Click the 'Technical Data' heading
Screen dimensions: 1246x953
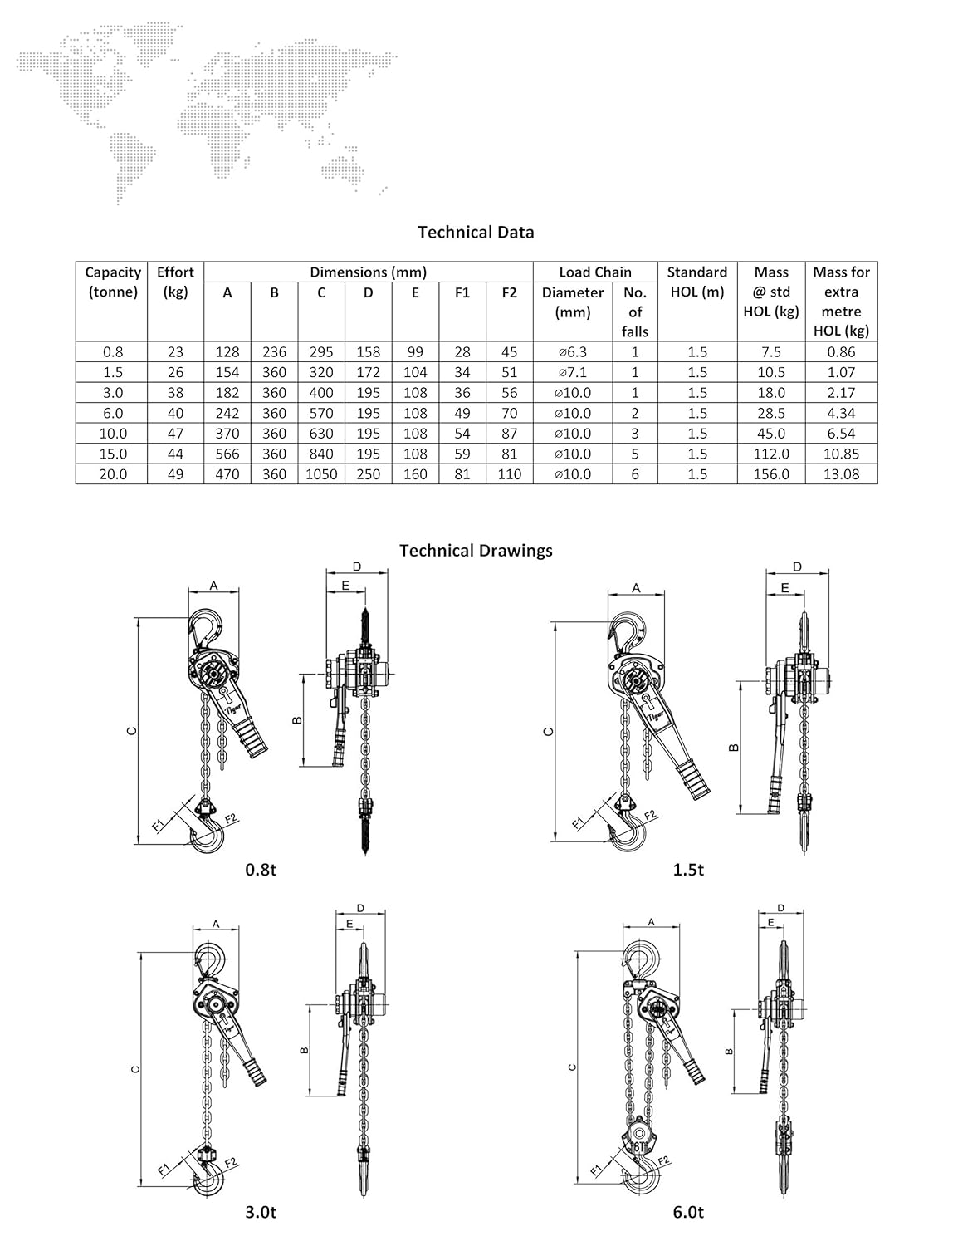(476, 233)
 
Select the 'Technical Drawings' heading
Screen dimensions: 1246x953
(476, 551)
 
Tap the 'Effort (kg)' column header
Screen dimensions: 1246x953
(175, 282)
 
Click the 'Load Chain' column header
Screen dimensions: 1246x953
(594, 272)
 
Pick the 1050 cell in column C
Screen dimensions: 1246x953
(321, 474)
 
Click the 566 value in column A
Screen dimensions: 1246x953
(227, 454)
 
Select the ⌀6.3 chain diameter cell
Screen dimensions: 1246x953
(573, 352)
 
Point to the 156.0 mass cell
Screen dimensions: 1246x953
(771, 474)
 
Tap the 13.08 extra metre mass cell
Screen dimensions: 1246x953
(841, 474)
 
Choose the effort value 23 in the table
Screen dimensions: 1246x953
(175, 352)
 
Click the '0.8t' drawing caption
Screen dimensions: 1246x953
(260, 870)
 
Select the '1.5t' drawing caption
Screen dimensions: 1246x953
(688, 870)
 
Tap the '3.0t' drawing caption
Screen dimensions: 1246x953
(260, 1213)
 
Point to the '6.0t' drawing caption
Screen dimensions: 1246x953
(688, 1213)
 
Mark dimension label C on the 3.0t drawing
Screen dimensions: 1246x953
(135, 1069)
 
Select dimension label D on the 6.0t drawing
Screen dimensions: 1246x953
(781, 908)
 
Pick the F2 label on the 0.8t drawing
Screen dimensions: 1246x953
(231, 819)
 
